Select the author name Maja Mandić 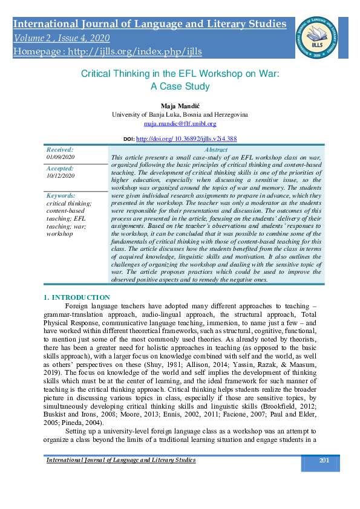[180, 105]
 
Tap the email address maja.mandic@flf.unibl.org [180, 123]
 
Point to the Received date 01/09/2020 [59, 157]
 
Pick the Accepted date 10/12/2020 [59, 176]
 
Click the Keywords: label [61, 196]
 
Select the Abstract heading [216, 150]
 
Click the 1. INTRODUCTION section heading [77, 297]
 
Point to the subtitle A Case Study [180, 86]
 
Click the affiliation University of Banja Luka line [180, 114]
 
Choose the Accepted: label [59, 169]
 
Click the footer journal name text [121, 461]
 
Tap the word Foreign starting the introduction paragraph [77, 307]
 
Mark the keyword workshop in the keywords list [59, 233]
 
